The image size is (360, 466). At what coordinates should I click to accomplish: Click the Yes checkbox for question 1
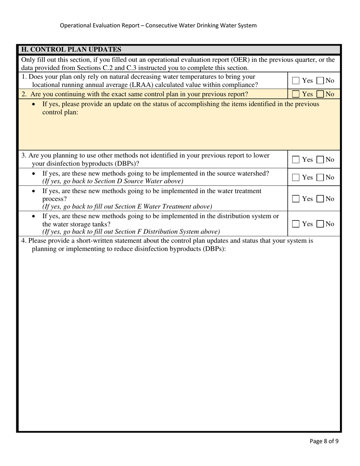tap(296, 80)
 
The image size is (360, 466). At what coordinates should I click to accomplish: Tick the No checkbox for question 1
tap(320, 80)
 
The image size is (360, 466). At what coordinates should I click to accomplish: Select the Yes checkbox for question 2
tap(296, 94)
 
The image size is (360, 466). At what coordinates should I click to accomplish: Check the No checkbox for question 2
tap(320, 94)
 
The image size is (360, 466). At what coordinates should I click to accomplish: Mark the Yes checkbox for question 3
tap(296, 160)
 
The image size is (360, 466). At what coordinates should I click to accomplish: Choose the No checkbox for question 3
tap(320, 160)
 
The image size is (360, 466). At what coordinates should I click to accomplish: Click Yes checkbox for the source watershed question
tap(296, 177)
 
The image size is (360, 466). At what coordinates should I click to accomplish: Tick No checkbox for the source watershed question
tap(320, 177)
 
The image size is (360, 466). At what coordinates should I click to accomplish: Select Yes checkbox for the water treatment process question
tap(296, 199)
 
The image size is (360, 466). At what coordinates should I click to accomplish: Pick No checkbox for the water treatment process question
tap(320, 199)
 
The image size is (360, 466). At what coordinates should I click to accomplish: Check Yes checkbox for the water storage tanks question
tap(296, 224)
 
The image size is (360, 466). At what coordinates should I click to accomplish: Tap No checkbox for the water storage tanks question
tap(320, 224)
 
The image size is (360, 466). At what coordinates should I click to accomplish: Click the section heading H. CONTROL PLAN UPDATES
tap(71, 50)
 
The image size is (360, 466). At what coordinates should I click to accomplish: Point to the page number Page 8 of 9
tap(324, 441)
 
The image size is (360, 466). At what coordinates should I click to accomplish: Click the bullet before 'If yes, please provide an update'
tap(34, 105)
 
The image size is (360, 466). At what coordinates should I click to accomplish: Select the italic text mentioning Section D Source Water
tap(113, 181)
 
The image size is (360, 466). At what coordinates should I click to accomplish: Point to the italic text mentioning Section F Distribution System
tap(131, 231)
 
